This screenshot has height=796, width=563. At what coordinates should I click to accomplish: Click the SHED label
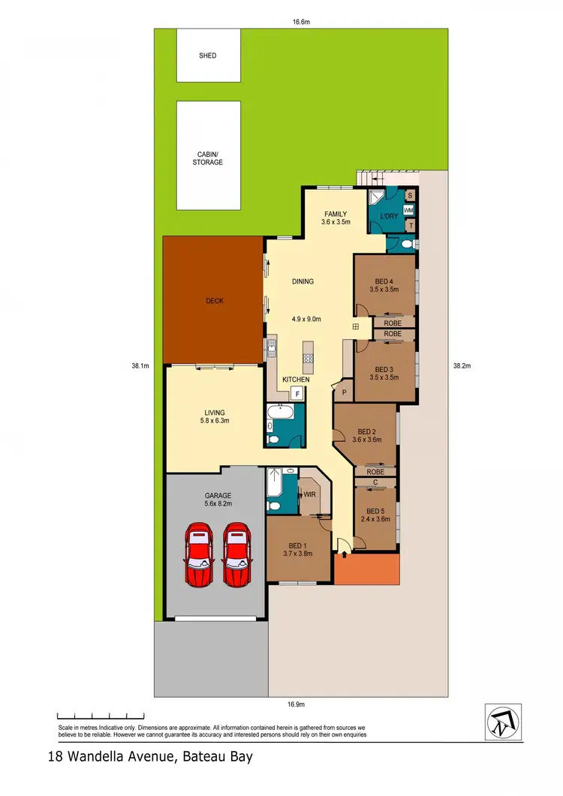(x=208, y=56)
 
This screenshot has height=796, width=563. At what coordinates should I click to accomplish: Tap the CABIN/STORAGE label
(x=208, y=158)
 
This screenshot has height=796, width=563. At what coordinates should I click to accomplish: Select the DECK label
(x=215, y=301)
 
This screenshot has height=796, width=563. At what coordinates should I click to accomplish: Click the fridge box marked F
(x=297, y=393)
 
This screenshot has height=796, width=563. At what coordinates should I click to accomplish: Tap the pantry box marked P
(x=344, y=392)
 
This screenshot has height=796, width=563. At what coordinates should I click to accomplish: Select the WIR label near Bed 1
(x=309, y=494)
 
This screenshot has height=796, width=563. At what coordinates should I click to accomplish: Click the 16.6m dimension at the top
(x=301, y=23)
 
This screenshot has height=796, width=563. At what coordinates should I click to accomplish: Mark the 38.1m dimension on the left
(x=140, y=366)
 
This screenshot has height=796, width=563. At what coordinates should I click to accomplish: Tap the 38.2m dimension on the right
(x=461, y=366)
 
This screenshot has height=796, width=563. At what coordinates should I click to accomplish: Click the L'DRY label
(x=389, y=217)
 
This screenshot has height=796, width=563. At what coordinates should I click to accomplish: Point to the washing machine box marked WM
(x=409, y=210)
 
